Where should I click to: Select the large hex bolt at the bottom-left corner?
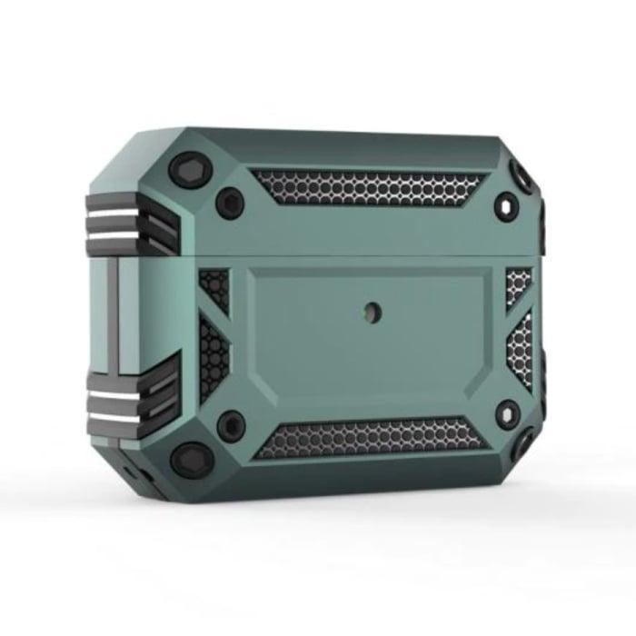click(192, 459)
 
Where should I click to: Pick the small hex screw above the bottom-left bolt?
click(233, 425)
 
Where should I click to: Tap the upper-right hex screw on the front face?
click(506, 204)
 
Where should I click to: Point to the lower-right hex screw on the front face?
click(507, 413)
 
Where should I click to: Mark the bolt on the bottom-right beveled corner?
click(524, 444)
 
